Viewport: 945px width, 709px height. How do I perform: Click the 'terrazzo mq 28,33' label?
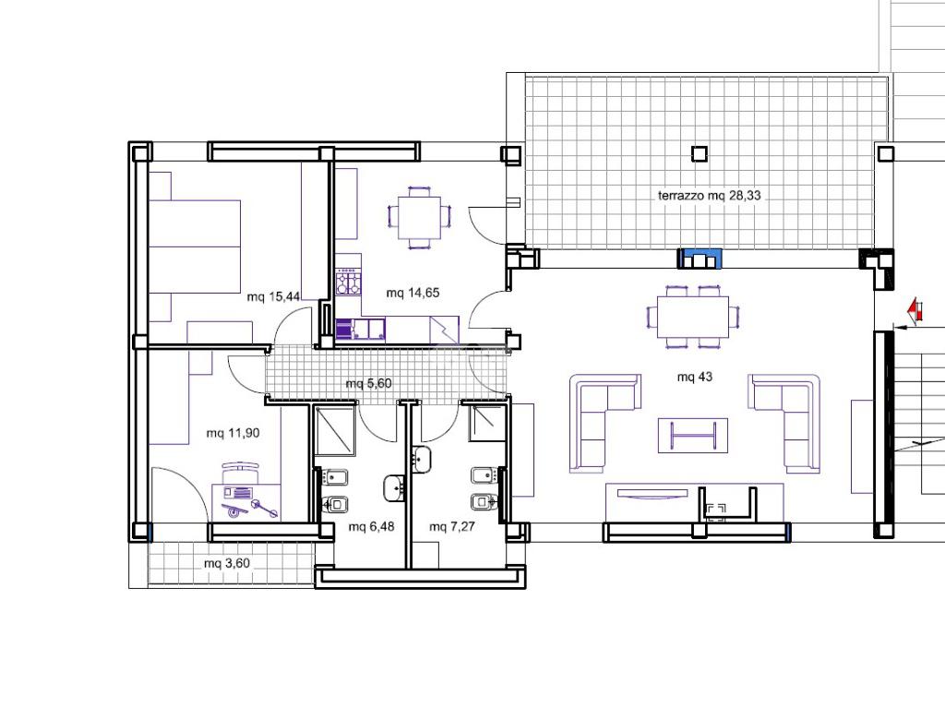(709, 196)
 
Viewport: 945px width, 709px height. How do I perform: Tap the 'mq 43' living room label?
(694, 377)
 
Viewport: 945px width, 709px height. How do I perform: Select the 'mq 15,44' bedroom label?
(273, 296)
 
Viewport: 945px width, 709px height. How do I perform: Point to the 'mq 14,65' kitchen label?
(413, 293)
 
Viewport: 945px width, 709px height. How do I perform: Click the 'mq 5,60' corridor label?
(368, 383)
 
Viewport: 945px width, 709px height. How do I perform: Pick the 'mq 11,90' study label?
(233, 433)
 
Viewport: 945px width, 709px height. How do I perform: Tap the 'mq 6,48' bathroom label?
(371, 526)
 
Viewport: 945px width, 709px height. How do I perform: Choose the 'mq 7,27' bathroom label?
(452, 526)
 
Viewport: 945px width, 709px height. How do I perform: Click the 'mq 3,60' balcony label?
(227, 564)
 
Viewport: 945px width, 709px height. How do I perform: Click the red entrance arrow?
(915, 309)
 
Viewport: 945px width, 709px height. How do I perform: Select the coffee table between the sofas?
(692, 436)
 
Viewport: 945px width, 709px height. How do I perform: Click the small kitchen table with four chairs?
(419, 218)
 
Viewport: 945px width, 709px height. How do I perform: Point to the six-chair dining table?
(692, 318)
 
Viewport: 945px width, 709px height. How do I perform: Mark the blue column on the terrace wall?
(700, 258)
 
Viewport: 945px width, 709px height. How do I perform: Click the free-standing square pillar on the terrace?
(699, 154)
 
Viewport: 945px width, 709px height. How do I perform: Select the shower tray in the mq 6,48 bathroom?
(334, 431)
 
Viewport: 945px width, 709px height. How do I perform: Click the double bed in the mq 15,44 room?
(194, 247)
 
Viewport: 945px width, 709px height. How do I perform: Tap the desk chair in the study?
(241, 471)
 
